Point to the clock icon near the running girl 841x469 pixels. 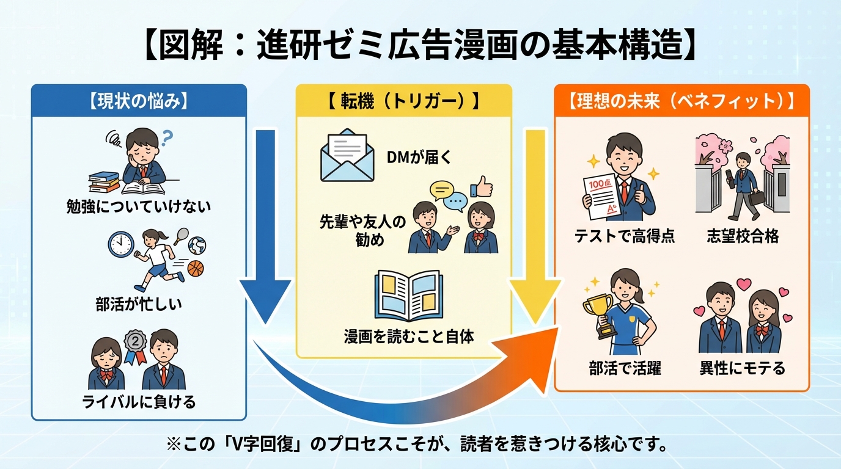pos(120,244)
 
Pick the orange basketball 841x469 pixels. pos(195,268)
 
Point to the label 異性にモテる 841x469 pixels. pos(742,369)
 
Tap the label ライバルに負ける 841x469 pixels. pos(139,402)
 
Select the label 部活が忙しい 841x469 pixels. pos(139,304)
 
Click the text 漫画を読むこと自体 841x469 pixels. pos(408,336)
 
